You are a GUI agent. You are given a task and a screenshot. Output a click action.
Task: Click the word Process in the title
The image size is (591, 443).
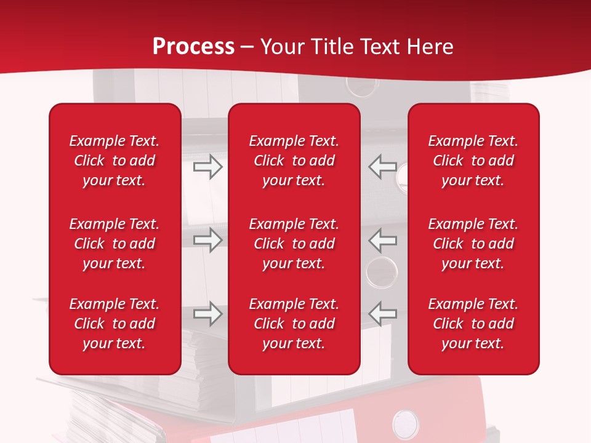(x=193, y=47)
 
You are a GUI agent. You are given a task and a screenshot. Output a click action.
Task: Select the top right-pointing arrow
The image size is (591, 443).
(x=208, y=167)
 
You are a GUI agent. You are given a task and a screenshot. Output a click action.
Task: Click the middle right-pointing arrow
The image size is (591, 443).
(x=208, y=240)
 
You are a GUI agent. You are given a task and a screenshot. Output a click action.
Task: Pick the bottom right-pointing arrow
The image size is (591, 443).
(x=208, y=314)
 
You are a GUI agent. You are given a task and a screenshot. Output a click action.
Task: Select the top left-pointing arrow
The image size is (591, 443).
(x=382, y=166)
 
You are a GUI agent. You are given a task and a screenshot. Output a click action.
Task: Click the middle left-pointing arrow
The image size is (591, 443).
(x=382, y=240)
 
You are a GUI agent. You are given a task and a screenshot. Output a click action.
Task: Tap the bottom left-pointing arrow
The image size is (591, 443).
(x=382, y=313)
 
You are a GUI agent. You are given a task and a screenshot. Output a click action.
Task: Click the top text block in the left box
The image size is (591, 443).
(x=115, y=161)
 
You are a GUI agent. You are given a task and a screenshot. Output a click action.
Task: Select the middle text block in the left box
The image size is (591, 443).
(x=115, y=244)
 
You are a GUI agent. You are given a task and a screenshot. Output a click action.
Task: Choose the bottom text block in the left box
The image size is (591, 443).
(x=115, y=324)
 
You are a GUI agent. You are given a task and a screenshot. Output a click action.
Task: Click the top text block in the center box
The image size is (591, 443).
(x=294, y=161)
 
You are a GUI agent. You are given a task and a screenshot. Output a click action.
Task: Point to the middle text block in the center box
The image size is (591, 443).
(x=294, y=244)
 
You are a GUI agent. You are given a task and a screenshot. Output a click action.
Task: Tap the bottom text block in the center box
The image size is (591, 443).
(x=294, y=324)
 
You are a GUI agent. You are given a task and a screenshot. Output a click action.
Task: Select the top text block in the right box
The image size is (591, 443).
(x=473, y=161)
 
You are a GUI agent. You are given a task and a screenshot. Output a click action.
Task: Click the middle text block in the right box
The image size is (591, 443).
(x=473, y=244)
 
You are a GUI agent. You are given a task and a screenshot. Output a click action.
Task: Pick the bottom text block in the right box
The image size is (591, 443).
(x=473, y=324)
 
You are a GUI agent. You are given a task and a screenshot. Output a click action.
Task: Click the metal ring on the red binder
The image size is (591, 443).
(x=405, y=424)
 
